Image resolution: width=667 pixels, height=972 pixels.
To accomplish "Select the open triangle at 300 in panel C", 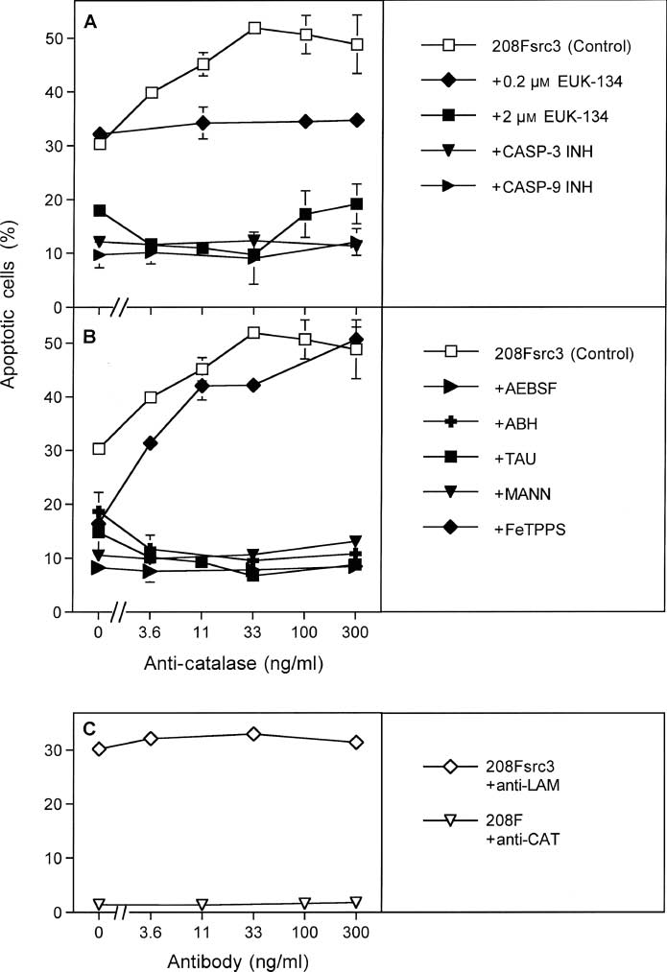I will [356, 902].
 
